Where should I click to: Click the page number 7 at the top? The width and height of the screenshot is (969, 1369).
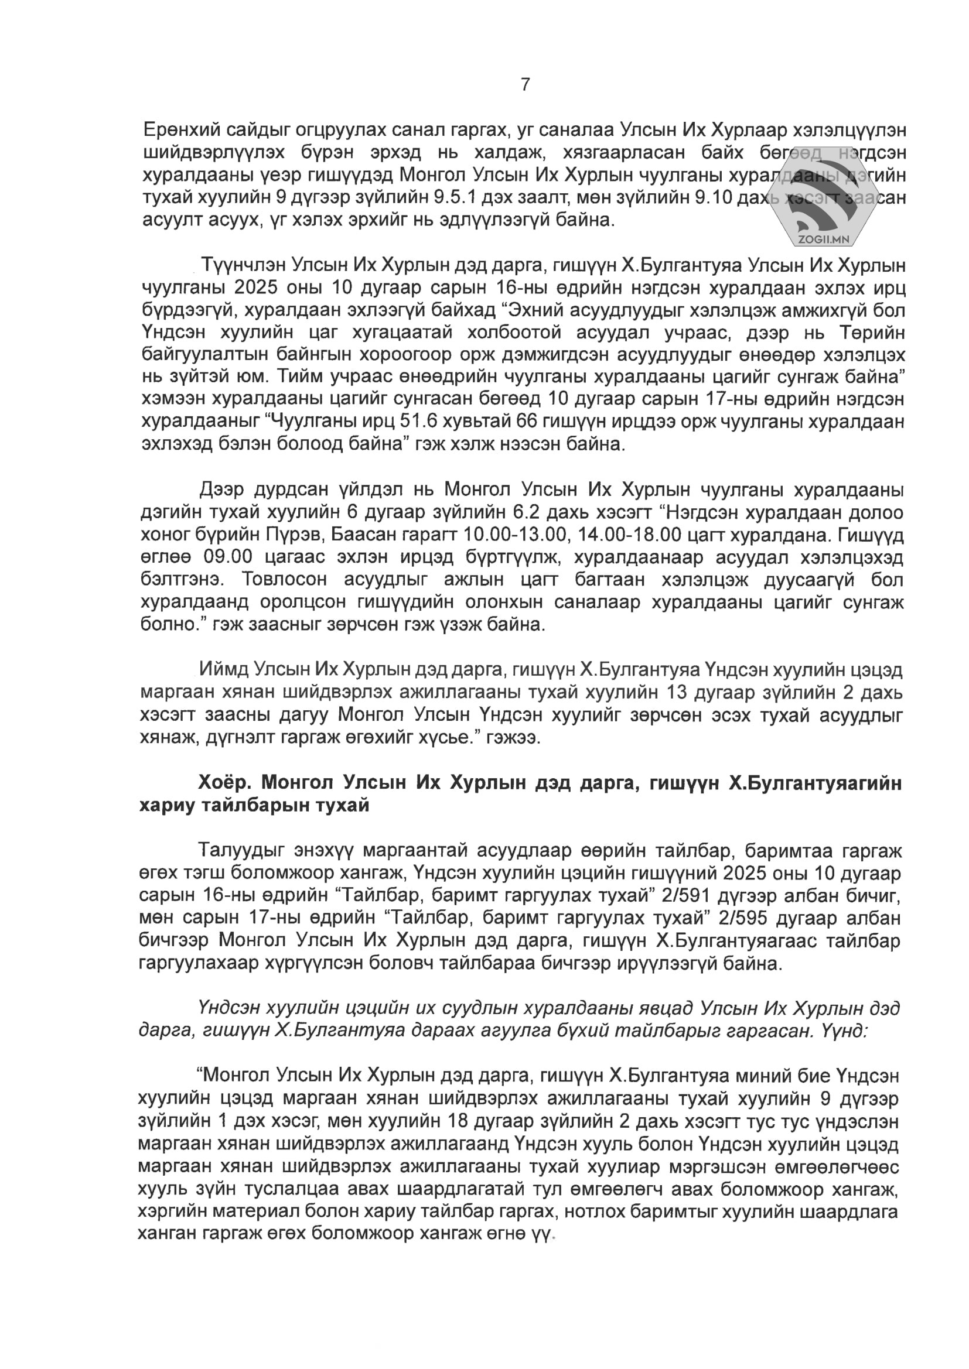point(525,85)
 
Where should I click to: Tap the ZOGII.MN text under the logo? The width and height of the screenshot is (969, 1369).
point(822,240)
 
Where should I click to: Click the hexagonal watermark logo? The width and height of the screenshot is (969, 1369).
point(821,194)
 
